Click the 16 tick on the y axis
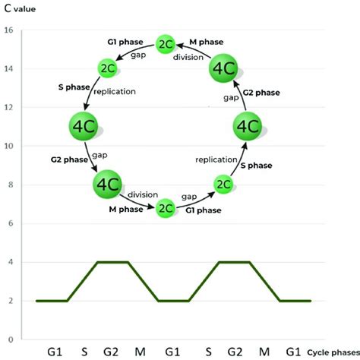[x=8, y=30]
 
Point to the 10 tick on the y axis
[x=8, y=146]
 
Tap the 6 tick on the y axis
[x=8, y=223]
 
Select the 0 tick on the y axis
[x=8, y=339]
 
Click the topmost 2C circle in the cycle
[x=165, y=44]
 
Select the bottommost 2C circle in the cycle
[x=165, y=208]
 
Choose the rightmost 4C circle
[x=249, y=126]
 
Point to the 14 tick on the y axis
[x=8, y=69]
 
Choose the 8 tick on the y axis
[x=8, y=185]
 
